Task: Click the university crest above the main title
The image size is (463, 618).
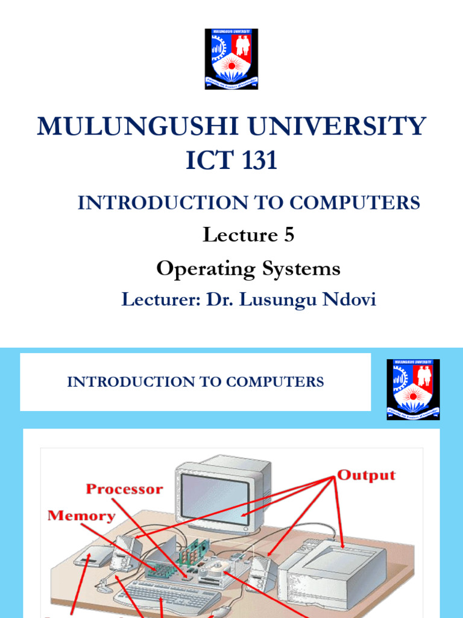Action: (x=231, y=59)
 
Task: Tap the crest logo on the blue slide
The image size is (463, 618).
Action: (x=413, y=389)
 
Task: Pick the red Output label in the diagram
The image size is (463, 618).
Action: (x=366, y=475)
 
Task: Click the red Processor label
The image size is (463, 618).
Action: (x=124, y=489)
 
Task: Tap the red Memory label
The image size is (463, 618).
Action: (x=81, y=516)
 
